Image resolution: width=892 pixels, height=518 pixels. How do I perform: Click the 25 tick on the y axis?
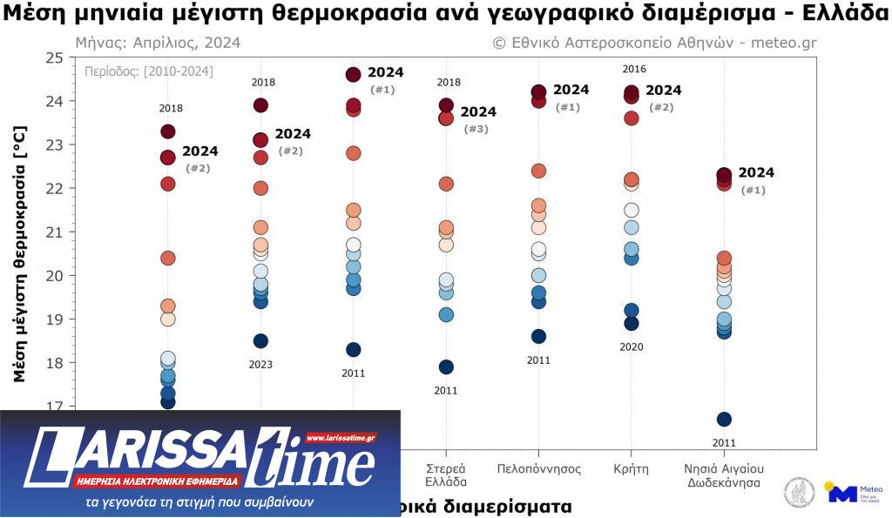pyautogui.click(x=55, y=57)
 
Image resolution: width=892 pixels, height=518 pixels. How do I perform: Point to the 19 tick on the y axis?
pyautogui.click(x=55, y=319)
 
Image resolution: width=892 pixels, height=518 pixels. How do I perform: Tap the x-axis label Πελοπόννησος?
pyautogui.click(x=538, y=468)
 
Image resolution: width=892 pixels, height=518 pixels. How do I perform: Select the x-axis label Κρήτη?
pyautogui.click(x=631, y=468)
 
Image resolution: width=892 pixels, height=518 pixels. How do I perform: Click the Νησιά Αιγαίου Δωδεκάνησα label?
pyautogui.click(x=724, y=475)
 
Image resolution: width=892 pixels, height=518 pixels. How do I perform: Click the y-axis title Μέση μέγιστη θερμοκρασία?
pyautogui.click(x=20, y=253)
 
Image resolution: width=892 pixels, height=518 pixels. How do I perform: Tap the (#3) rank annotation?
pyautogui.click(x=476, y=129)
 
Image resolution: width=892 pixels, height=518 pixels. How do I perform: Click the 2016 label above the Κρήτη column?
pyautogui.click(x=635, y=69)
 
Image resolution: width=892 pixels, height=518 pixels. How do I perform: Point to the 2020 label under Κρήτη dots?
pyautogui.click(x=632, y=346)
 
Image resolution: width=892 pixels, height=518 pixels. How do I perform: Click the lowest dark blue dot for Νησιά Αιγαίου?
pyautogui.click(x=724, y=420)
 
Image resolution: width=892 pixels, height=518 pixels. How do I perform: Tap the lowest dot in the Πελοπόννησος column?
pyautogui.click(x=538, y=337)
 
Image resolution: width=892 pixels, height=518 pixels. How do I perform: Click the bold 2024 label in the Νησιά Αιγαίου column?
pyautogui.click(x=756, y=172)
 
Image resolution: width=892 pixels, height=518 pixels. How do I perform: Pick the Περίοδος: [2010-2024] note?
pyautogui.click(x=149, y=71)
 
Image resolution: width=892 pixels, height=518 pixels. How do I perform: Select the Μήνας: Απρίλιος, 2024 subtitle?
pyautogui.click(x=158, y=43)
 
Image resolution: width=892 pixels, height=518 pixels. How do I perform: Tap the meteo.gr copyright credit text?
pyautogui.click(x=654, y=43)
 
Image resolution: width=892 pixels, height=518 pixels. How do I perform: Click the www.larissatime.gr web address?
pyautogui.click(x=341, y=437)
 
